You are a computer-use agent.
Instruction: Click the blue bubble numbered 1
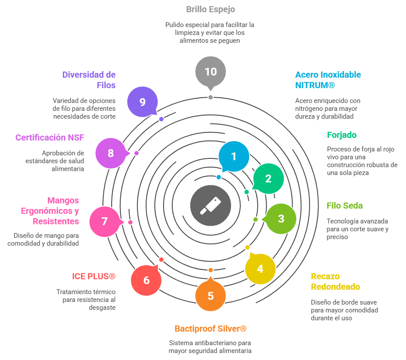tap(234, 157)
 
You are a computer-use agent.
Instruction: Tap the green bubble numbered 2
tap(269, 178)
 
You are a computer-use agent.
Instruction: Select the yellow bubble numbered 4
tap(260, 269)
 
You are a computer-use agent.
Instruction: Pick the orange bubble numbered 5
tap(211, 296)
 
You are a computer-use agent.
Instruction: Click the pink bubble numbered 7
tap(105, 221)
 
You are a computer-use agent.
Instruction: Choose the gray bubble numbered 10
tap(211, 72)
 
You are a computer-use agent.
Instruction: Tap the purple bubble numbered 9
tap(143, 102)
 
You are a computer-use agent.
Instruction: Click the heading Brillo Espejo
tap(211, 9)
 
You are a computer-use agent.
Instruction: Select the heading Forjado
tap(341, 135)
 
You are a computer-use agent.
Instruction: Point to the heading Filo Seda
tap(345, 206)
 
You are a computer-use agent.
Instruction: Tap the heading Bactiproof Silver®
tap(211, 329)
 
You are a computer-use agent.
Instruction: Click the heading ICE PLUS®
tap(94, 277)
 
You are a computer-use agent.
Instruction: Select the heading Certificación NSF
tap(50, 137)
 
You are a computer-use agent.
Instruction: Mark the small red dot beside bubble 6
tap(161, 260)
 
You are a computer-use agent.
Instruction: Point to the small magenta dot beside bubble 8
tap(136, 153)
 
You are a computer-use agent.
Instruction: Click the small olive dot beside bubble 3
tap(256, 219)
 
